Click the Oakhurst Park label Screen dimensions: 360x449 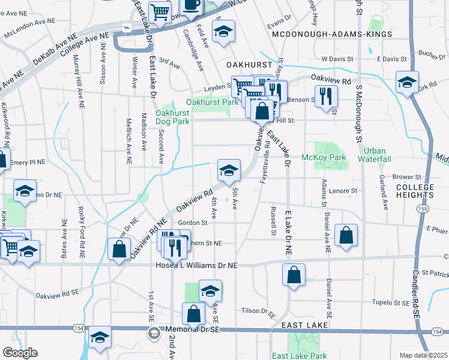208,103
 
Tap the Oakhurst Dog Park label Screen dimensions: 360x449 172,117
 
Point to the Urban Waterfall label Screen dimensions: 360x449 375,154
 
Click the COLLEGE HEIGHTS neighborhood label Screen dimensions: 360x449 415,191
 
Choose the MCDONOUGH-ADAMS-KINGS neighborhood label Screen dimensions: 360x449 332,34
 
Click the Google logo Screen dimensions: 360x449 20,353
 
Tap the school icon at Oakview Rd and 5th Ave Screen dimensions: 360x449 229,171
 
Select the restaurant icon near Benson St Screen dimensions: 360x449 326,97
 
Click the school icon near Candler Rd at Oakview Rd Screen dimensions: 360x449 407,83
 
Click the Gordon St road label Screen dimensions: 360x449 192,223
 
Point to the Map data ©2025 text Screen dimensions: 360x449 423,355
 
